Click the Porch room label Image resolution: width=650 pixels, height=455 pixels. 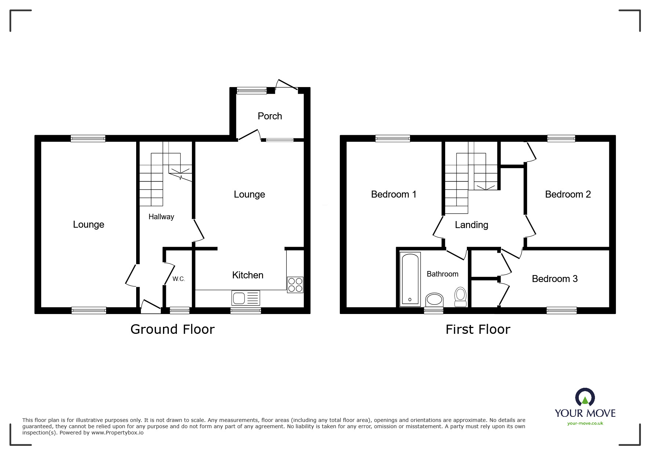[x=270, y=116]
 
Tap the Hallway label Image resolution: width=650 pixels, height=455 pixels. [x=161, y=217]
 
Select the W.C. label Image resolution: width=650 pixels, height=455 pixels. [x=179, y=279]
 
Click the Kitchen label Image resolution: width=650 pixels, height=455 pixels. [x=248, y=275]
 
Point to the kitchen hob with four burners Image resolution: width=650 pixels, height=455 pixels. [x=295, y=285]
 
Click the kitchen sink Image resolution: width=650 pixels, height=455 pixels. [x=246, y=297]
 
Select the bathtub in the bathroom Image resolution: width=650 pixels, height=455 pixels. [x=410, y=279]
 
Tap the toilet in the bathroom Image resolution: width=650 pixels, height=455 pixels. [x=460, y=297]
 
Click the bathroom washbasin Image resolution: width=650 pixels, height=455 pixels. [x=434, y=300]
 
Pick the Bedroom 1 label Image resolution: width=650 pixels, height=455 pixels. [x=393, y=194]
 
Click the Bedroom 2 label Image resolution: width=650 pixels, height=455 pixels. [x=568, y=194]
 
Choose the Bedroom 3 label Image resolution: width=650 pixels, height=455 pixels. [x=555, y=279]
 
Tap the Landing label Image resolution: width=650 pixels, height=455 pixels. [x=471, y=225]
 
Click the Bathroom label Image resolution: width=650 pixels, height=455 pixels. [x=442, y=274]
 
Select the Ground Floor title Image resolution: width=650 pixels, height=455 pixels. [x=173, y=329]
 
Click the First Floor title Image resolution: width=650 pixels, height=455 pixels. [x=478, y=329]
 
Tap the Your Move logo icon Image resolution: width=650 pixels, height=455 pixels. [x=585, y=397]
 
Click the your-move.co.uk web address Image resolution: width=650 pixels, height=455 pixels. [x=585, y=423]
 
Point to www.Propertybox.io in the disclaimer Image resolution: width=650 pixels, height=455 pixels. [x=117, y=433]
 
